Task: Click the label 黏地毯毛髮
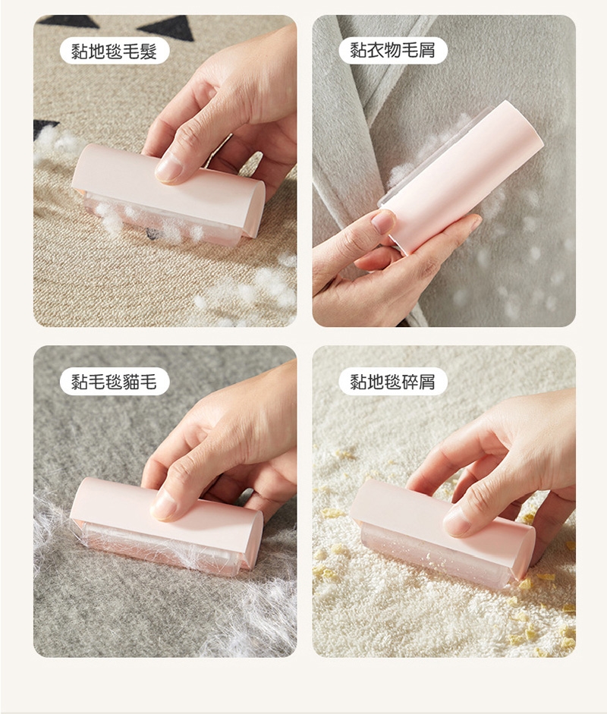click(115, 51)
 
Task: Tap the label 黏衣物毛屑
click(392, 50)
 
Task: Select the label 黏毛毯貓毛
click(115, 382)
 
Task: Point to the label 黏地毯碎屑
click(392, 382)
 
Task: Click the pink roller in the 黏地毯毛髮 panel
click(168, 194)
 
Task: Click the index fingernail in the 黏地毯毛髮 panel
click(168, 168)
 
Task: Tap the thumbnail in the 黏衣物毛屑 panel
click(383, 222)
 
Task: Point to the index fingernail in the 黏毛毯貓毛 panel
click(163, 505)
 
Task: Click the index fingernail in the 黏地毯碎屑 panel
click(456, 521)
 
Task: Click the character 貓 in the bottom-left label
click(131, 382)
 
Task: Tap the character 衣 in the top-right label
click(376, 50)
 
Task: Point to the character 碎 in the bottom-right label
click(410, 382)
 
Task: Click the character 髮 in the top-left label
click(149, 51)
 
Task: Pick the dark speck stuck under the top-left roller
click(150, 234)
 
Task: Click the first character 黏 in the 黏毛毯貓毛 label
click(80, 382)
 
